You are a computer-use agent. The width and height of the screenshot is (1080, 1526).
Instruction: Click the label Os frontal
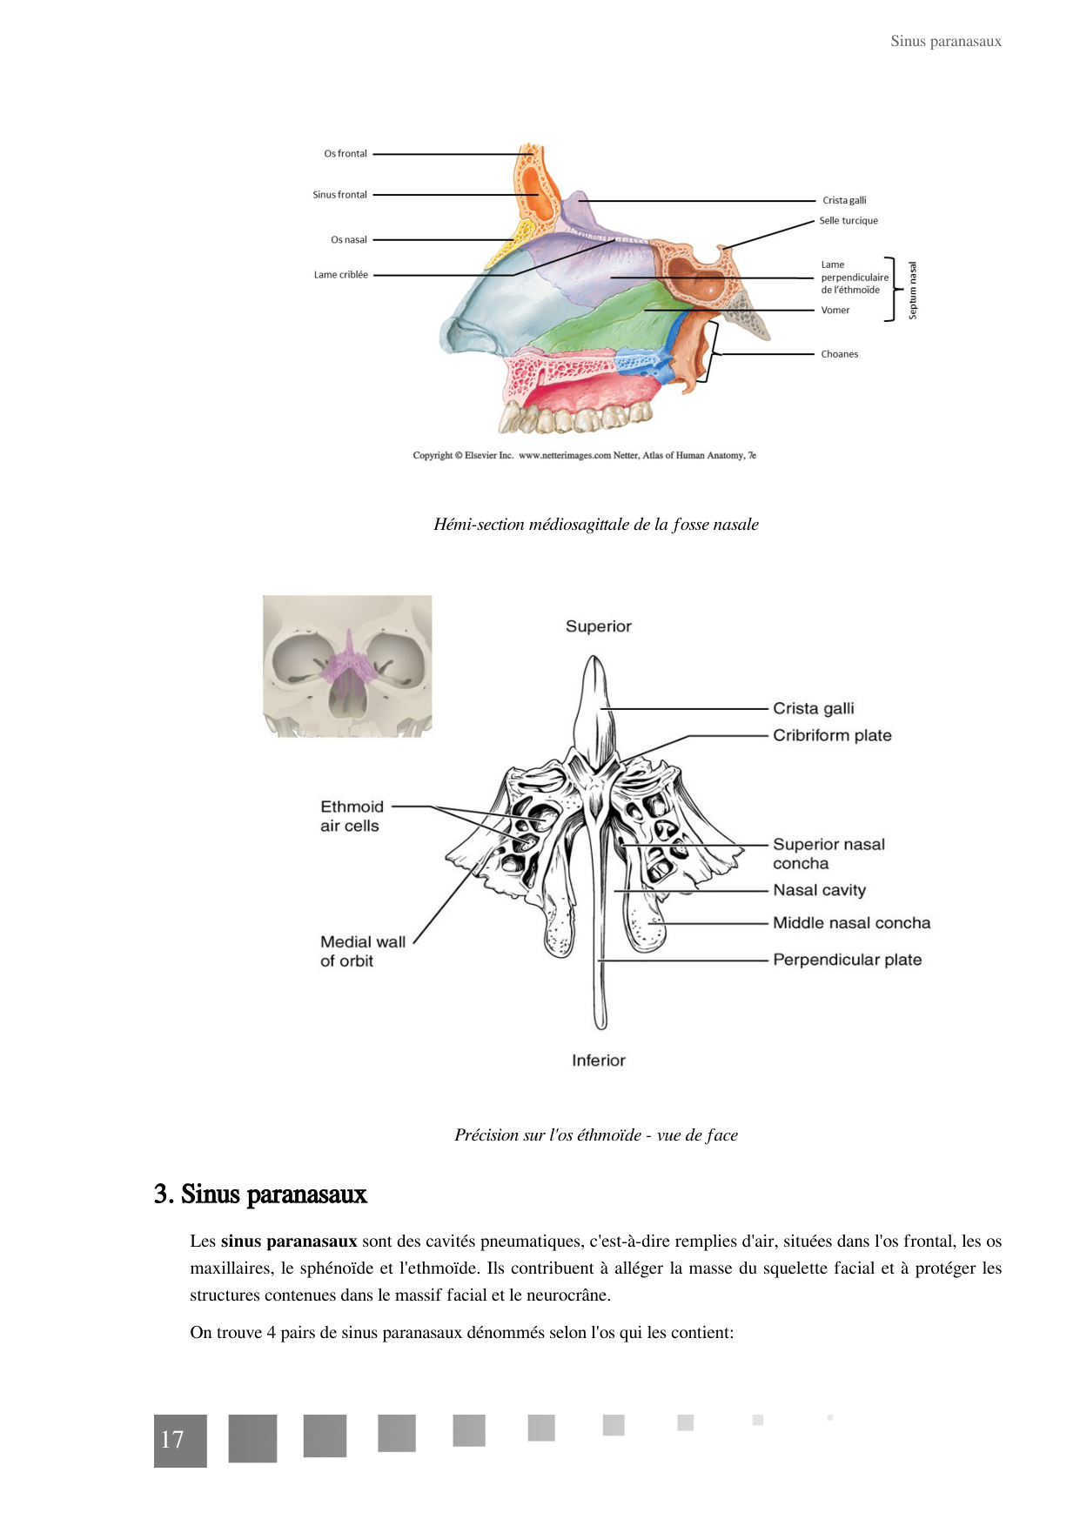(x=345, y=154)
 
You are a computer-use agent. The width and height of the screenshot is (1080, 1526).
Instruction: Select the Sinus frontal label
(x=339, y=195)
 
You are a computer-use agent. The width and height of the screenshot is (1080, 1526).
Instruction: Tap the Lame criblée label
(x=340, y=275)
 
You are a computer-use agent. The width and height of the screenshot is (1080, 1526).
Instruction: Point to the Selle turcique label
(x=848, y=221)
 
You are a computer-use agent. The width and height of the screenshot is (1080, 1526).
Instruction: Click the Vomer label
(x=835, y=311)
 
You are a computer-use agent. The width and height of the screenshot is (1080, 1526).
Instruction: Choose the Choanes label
(x=839, y=354)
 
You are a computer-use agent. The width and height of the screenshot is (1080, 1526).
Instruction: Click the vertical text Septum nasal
(x=912, y=291)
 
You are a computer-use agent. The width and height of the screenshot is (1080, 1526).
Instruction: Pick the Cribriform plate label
(x=831, y=735)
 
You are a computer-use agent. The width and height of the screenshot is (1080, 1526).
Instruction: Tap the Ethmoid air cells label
(x=351, y=816)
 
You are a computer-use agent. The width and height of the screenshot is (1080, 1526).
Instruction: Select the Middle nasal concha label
(x=851, y=923)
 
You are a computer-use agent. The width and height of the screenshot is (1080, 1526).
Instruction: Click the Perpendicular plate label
(x=847, y=960)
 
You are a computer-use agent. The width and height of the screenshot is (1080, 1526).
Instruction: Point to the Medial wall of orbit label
(x=362, y=951)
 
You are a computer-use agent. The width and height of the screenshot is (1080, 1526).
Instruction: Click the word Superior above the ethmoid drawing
(x=598, y=626)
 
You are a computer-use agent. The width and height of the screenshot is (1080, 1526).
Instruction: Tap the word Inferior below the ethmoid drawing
(x=598, y=1061)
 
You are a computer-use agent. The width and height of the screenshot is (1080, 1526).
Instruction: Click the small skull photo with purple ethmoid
(x=347, y=666)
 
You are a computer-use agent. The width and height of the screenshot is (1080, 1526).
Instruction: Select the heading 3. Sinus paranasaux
(x=260, y=1194)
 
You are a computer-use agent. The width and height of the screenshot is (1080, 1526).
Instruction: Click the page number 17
(x=172, y=1440)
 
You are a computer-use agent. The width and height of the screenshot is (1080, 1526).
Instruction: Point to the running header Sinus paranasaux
(x=945, y=41)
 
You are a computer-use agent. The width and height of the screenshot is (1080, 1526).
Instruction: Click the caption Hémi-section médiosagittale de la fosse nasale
(x=596, y=525)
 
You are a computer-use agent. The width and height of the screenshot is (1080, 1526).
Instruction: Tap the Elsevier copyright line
(x=584, y=455)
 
